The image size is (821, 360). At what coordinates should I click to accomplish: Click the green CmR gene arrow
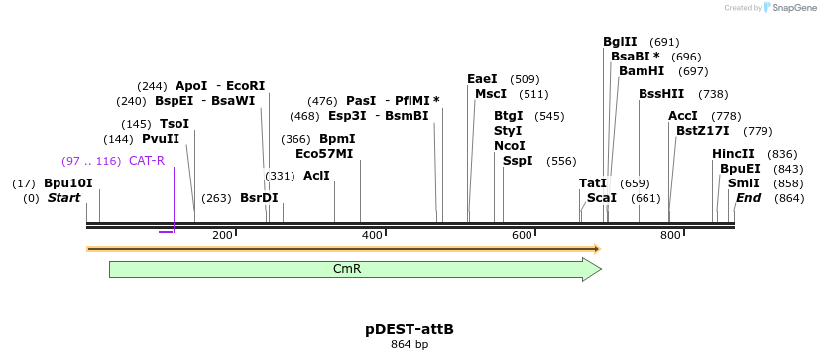[354, 269]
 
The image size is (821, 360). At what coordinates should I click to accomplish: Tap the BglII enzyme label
[621, 42]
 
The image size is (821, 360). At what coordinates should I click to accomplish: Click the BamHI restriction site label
[642, 71]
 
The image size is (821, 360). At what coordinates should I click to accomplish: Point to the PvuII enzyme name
[161, 139]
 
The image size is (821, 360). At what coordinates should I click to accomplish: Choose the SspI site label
[518, 161]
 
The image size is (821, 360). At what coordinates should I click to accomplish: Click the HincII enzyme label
[733, 154]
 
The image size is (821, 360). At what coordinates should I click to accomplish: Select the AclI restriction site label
[316, 176]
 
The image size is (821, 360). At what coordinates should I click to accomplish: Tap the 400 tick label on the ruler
[372, 235]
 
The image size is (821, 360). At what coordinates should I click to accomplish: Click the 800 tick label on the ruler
[670, 235]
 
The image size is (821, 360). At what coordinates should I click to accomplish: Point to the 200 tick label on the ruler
[222, 235]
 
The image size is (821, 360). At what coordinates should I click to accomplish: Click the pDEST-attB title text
[410, 328]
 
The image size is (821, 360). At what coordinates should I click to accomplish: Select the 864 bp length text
[410, 345]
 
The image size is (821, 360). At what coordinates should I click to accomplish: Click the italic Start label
[63, 198]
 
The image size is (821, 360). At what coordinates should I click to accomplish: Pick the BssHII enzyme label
[661, 94]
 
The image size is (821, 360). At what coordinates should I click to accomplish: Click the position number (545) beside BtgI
[549, 116]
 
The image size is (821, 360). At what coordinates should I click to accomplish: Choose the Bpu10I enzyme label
[68, 183]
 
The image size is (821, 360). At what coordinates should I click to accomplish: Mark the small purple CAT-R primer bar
[166, 231]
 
